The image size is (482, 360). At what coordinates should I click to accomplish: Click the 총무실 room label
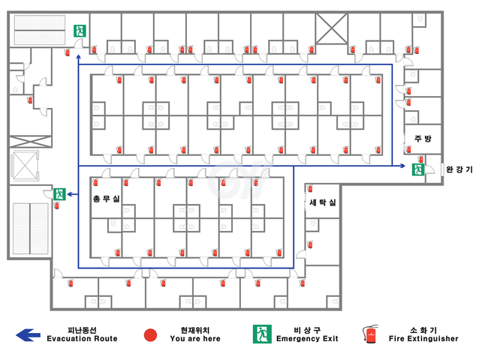106,199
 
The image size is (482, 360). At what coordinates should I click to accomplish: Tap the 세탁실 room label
323,202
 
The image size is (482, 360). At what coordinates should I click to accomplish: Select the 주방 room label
423,139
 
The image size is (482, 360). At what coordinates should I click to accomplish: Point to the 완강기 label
459,169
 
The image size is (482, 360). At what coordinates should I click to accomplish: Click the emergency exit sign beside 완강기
418,169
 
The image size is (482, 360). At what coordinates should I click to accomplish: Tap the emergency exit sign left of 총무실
59,194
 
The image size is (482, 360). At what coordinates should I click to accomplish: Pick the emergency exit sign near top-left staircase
80,31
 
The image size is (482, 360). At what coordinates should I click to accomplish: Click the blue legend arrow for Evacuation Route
28,335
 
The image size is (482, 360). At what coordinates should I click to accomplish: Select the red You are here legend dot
150,335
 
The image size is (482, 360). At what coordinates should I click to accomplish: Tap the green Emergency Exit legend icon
262,334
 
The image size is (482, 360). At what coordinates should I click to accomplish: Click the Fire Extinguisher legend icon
370,334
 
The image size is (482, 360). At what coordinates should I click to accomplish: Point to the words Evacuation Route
82,339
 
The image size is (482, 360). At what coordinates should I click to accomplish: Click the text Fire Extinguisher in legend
423,339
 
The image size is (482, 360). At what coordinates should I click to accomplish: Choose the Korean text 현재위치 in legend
195,331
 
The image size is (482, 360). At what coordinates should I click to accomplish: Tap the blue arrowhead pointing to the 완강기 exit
402,166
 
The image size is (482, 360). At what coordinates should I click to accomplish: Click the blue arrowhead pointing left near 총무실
70,194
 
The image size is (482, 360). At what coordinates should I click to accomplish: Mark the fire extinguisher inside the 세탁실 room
310,188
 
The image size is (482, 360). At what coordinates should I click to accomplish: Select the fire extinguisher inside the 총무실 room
95,182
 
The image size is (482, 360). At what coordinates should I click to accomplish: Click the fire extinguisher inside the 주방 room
408,149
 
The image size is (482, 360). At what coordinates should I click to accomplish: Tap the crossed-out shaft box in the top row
332,28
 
